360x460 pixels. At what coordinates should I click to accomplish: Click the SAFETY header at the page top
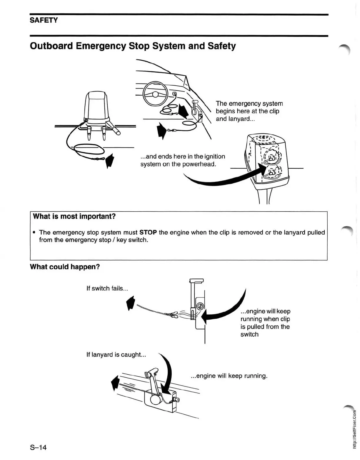coord(44,20)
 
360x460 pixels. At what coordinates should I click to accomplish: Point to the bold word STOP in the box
coord(148,233)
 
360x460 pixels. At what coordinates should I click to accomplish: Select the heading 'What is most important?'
coord(74,216)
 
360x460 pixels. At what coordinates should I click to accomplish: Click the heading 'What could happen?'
coord(65,267)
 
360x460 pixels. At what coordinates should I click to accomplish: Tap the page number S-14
coord(38,448)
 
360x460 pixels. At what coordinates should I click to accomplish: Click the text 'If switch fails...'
coord(107,288)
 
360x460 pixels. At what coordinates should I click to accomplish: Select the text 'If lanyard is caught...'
coord(116,355)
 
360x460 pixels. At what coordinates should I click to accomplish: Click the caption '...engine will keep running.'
coord(229,376)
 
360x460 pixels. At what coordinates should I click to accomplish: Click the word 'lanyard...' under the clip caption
coord(241,119)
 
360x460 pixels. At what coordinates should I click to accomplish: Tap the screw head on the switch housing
coord(200,306)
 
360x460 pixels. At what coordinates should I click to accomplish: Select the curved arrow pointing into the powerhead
coord(224,180)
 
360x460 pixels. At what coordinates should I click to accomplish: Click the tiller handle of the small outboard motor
coord(115,129)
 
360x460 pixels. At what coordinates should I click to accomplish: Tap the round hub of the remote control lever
coord(155,400)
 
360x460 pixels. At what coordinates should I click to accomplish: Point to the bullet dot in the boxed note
coord(34,233)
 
